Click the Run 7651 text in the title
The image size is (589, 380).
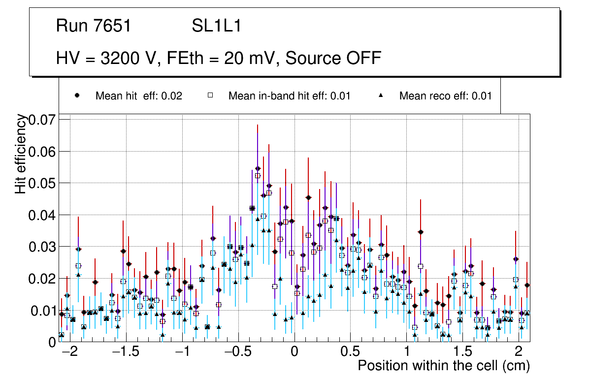[94, 26]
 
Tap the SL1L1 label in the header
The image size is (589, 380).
[217, 26]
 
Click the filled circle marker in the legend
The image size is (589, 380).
[77, 95]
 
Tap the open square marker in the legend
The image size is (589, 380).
[210, 95]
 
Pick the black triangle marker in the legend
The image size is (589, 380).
[381, 95]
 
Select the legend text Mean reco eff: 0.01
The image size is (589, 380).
[445, 96]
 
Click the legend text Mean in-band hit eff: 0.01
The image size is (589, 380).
[289, 96]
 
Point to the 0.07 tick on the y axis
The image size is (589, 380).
[43, 120]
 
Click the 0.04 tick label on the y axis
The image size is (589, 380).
[43, 215]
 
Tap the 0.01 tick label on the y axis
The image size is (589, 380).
[43, 311]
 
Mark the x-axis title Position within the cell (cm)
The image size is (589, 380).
[443, 366]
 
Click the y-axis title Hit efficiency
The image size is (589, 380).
[21, 154]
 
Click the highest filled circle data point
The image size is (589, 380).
[258, 168]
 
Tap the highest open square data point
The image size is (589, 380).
[258, 176]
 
